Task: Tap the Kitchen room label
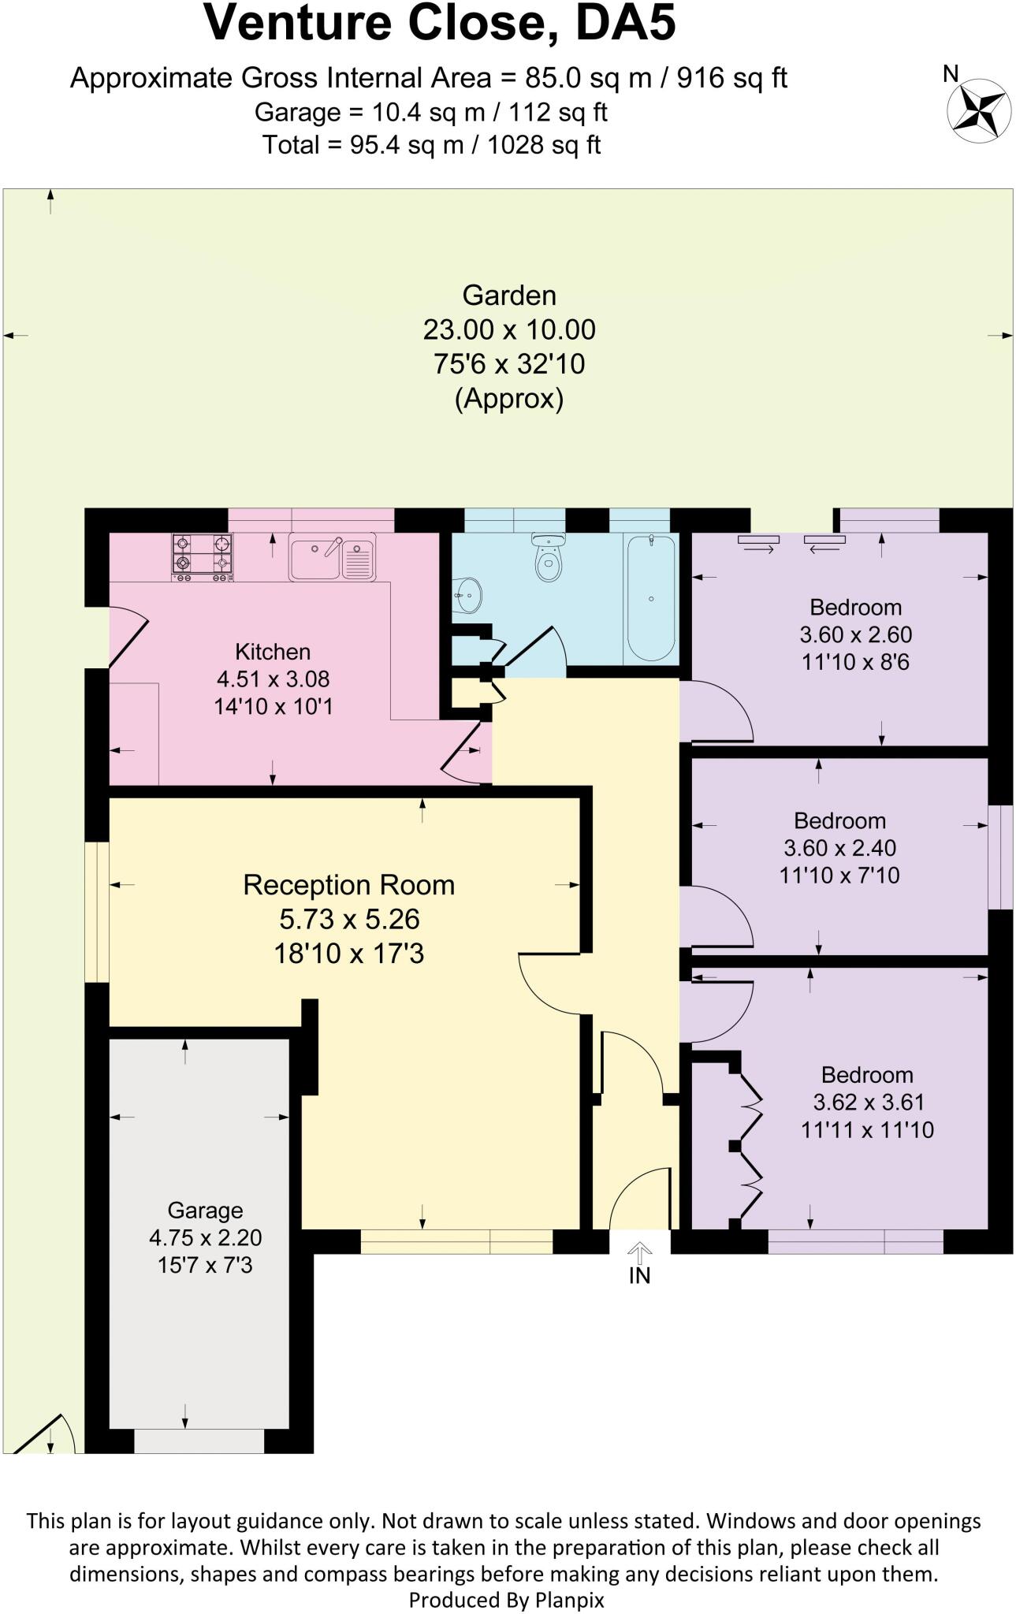pyautogui.click(x=273, y=652)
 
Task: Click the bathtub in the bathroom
pyautogui.click(x=650, y=597)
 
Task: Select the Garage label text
pyautogui.click(x=205, y=1210)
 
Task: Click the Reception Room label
pyautogui.click(x=348, y=885)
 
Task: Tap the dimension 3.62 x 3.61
pyautogui.click(x=868, y=1102)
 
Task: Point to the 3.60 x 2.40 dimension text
pyautogui.click(x=839, y=848)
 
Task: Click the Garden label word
pyautogui.click(x=509, y=296)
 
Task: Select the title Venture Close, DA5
pyautogui.click(x=440, y=24)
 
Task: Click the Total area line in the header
pyautogui.click(x=431, y=145)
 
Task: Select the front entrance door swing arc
pyautogui.click(x=638, y=1198)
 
